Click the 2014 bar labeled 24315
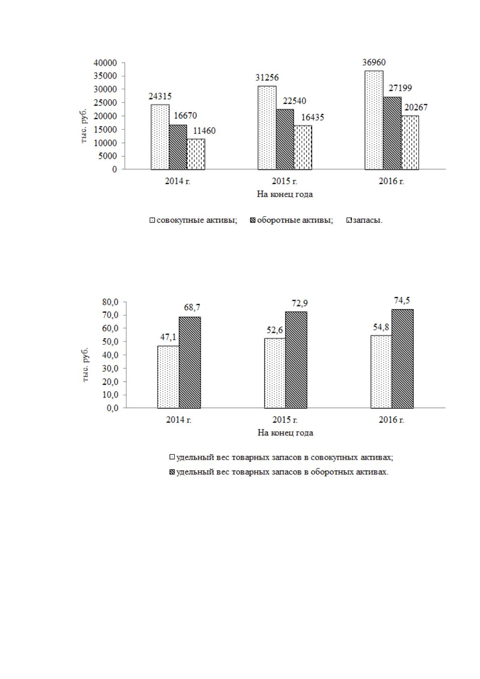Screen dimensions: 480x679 pyautogui.click(x=160, y=137)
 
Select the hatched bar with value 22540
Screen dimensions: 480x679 pyautogui.click(x=285, y=139)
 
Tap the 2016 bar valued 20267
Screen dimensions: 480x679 pyautogui.click(x=410, y=142)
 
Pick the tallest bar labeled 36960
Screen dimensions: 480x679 pyautogui.click(x=374, y=120)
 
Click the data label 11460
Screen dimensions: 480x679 pyautogui.click(x=204, y=131)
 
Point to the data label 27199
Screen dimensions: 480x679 pyautogui.click(x=400, y=88)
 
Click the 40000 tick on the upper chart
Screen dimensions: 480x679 pyautogui.click(x=105, y=63)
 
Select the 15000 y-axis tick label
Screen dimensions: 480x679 pyautogui.click(x=105, y=129)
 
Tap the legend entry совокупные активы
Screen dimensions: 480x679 pyautogui.click(x=193, y=220)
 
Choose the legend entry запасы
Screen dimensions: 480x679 pyautogui.click(x=365, y=220)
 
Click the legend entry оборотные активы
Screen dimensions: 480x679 pyautogui.click(x=291, y=220)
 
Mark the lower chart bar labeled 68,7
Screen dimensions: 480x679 pyautogui.click(x=190, y=362)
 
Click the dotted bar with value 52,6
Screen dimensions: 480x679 pyautogui.click(x=275, y=373)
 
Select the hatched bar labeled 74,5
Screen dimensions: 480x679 pyautogui.click(x=403, y=359)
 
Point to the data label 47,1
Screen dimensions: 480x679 pyautogui.click(x=168, y=337)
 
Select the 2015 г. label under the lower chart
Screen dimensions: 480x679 pyautogui.click(x=285, y=420)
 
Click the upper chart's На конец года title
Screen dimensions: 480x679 pyautogui.click(x=285, y=194)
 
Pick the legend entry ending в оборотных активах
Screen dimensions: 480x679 pyautogui.click(x=279, y=472)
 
